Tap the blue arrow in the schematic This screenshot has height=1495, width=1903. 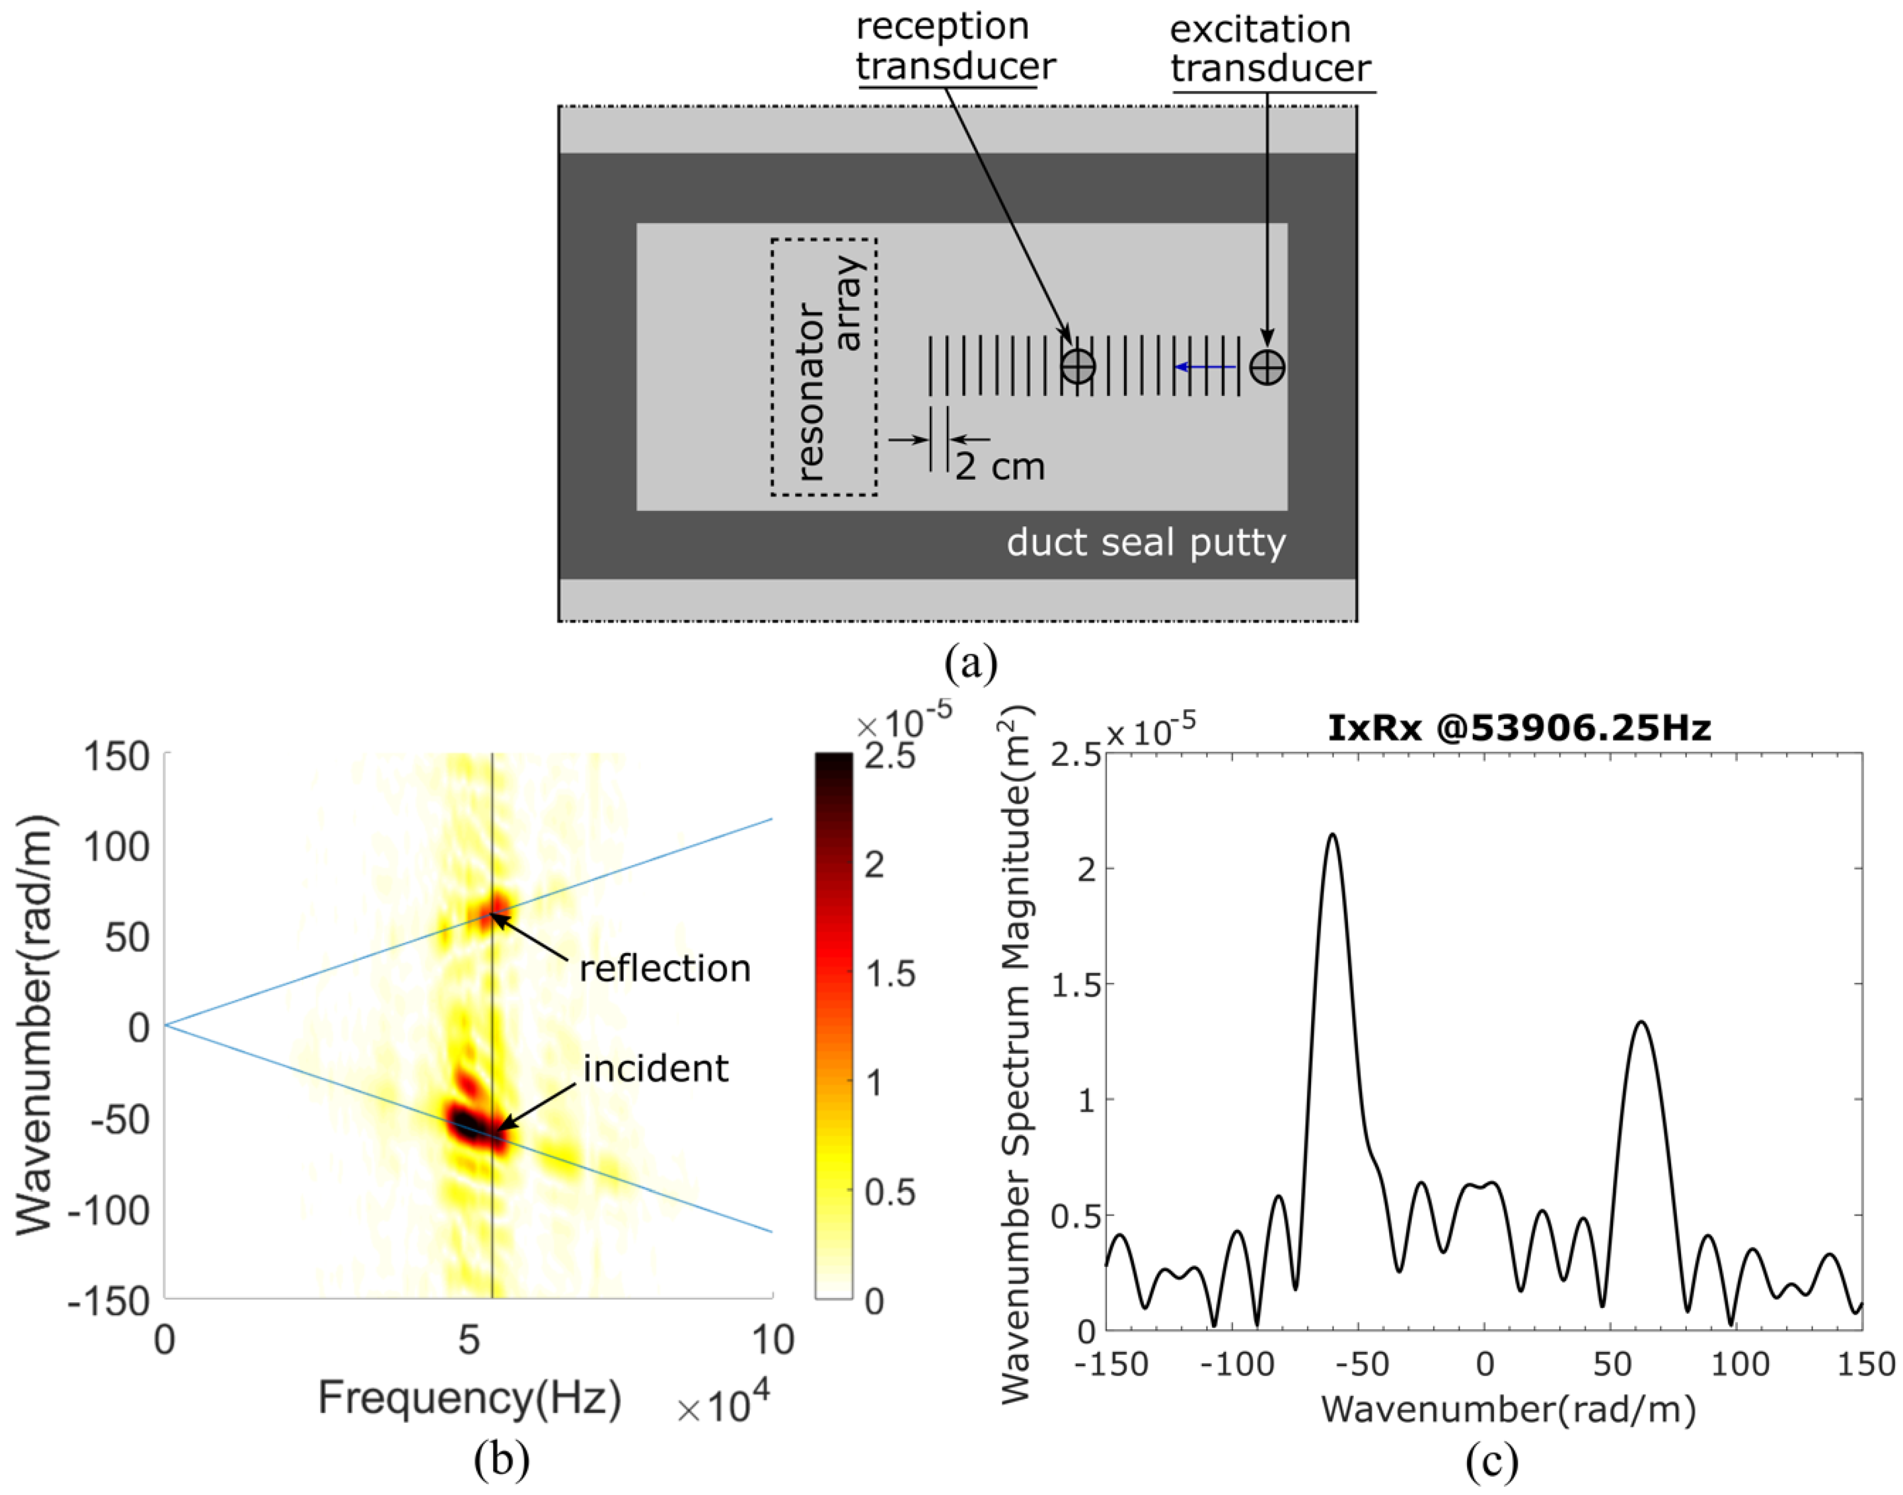click(1205, 367)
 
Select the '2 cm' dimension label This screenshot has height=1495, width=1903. click(1000, 467)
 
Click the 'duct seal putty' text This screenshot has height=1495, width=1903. click(1146, 543)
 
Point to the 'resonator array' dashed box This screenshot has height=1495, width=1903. click(824, 367)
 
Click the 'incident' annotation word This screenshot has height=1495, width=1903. click(656, 1069)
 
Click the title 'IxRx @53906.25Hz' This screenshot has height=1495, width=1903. click(1519, 728)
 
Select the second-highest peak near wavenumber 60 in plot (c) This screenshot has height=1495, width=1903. click(1641, 1022)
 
